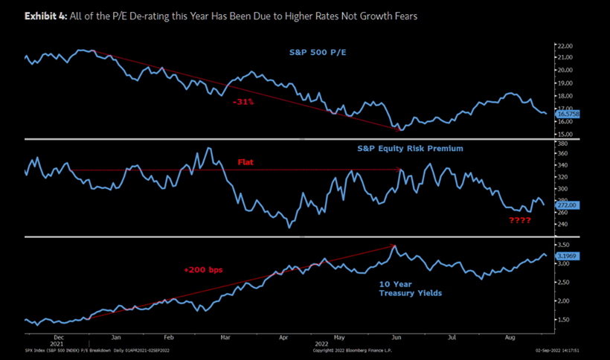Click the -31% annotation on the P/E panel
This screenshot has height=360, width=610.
pyautogui.click(x=244, y=101)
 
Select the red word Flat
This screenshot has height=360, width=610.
pyautogui.click(x=247, y=161)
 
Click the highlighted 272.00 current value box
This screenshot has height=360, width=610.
pyautogui.click(x=566, y=205)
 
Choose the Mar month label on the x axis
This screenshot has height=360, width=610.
pyautogui.click(x=225, y=337)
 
